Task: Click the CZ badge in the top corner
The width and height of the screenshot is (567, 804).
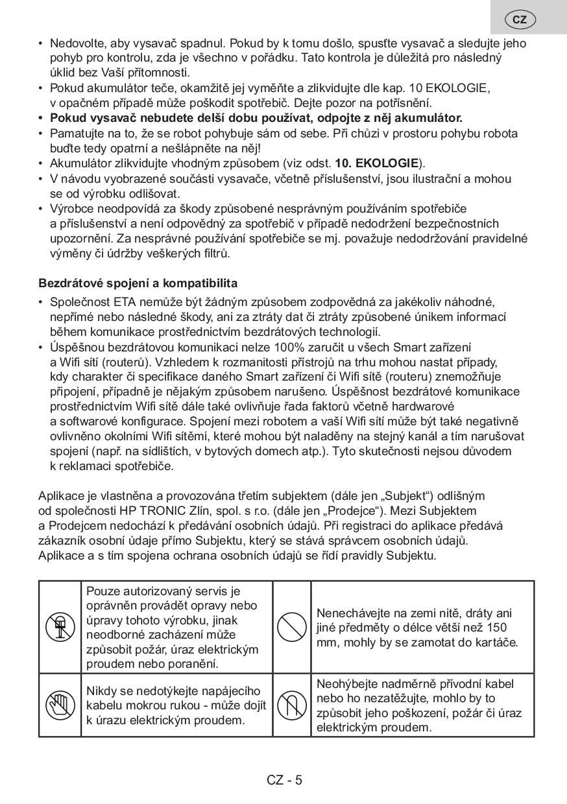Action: click(x=520, y=19)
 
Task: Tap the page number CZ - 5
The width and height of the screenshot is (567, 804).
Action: click(x=284, y=780)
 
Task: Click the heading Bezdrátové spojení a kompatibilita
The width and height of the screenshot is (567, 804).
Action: click(x=138, y=283)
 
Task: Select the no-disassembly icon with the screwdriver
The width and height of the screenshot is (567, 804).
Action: click(x=60, y=626)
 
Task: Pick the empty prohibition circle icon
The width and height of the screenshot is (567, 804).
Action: click(x=292, y=626)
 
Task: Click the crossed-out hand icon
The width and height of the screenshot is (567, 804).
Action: click(x=60, y=705)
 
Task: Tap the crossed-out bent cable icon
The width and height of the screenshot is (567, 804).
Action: click(x=292, y=705)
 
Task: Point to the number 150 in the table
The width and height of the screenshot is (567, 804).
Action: click(x=496, y=628)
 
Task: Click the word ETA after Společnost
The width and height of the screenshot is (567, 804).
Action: click(x=125, y=302)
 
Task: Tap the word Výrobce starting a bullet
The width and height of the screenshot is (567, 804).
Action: click(x=71, y=209)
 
